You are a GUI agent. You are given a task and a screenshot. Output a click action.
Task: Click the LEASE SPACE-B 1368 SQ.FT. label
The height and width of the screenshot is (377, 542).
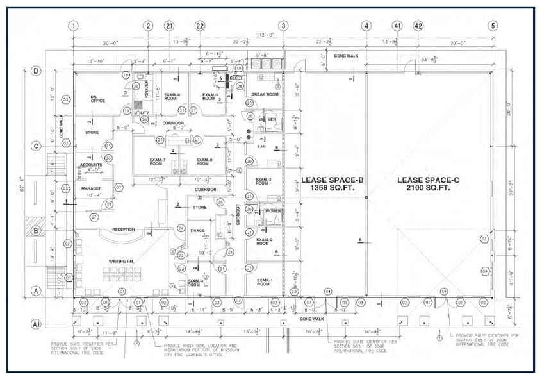(332, 184)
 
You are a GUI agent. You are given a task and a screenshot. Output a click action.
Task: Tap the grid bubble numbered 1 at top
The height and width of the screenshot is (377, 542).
(74, 26)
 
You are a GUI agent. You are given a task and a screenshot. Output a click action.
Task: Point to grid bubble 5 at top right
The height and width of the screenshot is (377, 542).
(493, 26)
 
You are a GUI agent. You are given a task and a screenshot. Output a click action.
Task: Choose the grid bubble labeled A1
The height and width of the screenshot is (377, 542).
(37, 324)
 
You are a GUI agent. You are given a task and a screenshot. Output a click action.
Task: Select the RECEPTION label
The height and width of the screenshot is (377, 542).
(123, 229)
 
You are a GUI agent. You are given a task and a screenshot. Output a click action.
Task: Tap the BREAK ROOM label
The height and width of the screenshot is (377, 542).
(265, 94)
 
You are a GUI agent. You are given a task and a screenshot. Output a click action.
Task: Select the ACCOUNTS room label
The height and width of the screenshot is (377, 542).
(92, 164)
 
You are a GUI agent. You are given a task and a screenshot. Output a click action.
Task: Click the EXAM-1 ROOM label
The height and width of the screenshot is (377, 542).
(264, 283)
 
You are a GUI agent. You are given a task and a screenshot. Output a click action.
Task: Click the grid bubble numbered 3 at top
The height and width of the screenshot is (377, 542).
(283, 26)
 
